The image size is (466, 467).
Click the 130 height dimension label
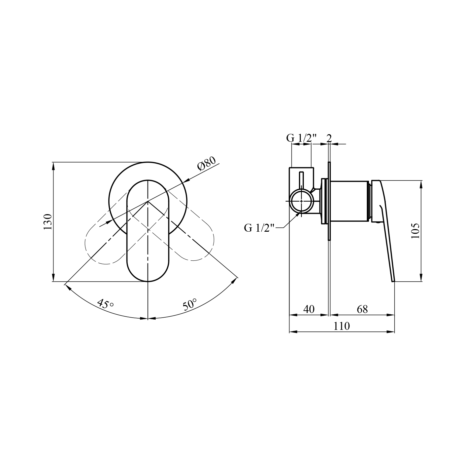click(x=48, y=222)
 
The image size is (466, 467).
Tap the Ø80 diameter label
click(x=207, y=163)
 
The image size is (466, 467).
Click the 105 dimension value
click(x=416, y=230)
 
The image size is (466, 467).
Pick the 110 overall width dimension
click(x=341, y=326)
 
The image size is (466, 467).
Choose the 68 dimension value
click(x=362, y=309)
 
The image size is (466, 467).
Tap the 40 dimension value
click(x=309, y=309)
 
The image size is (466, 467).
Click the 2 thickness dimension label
click(x=329, y=138)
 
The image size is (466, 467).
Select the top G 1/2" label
click(x=301, y=138)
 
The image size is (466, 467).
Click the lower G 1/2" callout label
click(x=259, y=228)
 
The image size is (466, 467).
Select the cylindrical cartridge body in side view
click(x=349, y=201)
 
